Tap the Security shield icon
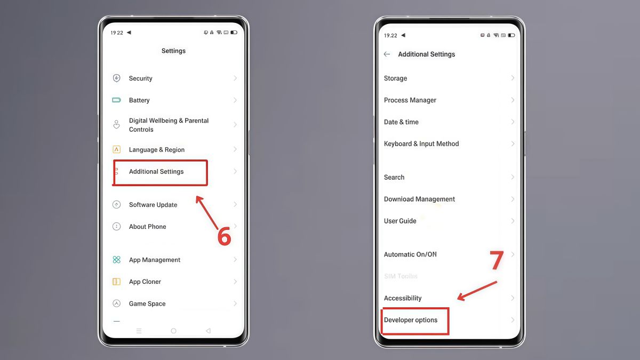[x=116, y=78]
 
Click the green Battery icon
[x=116, y=100]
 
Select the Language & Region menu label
[x=157, y=150]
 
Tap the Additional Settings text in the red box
[x=156, y=172]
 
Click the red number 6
[x=225, y=236]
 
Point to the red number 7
[x=497, y=260]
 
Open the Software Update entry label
[x=153, y=205]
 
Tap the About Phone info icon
[x=116, y=227]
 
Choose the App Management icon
[x=116, y=260]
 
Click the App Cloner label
[x=145, y=282]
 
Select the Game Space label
[x=147, y=304]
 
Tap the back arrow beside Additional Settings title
[x=387, y=54]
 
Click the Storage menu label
[x=395, y=78]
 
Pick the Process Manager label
[x=410, y=100]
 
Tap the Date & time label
[x=401, y=122]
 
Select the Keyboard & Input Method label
[x=421, y=144]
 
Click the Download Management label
[x=419, y=199]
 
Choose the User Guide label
[x=400, y=221]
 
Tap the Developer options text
[x=411, y=320]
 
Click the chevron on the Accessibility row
[x=513, y=298]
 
